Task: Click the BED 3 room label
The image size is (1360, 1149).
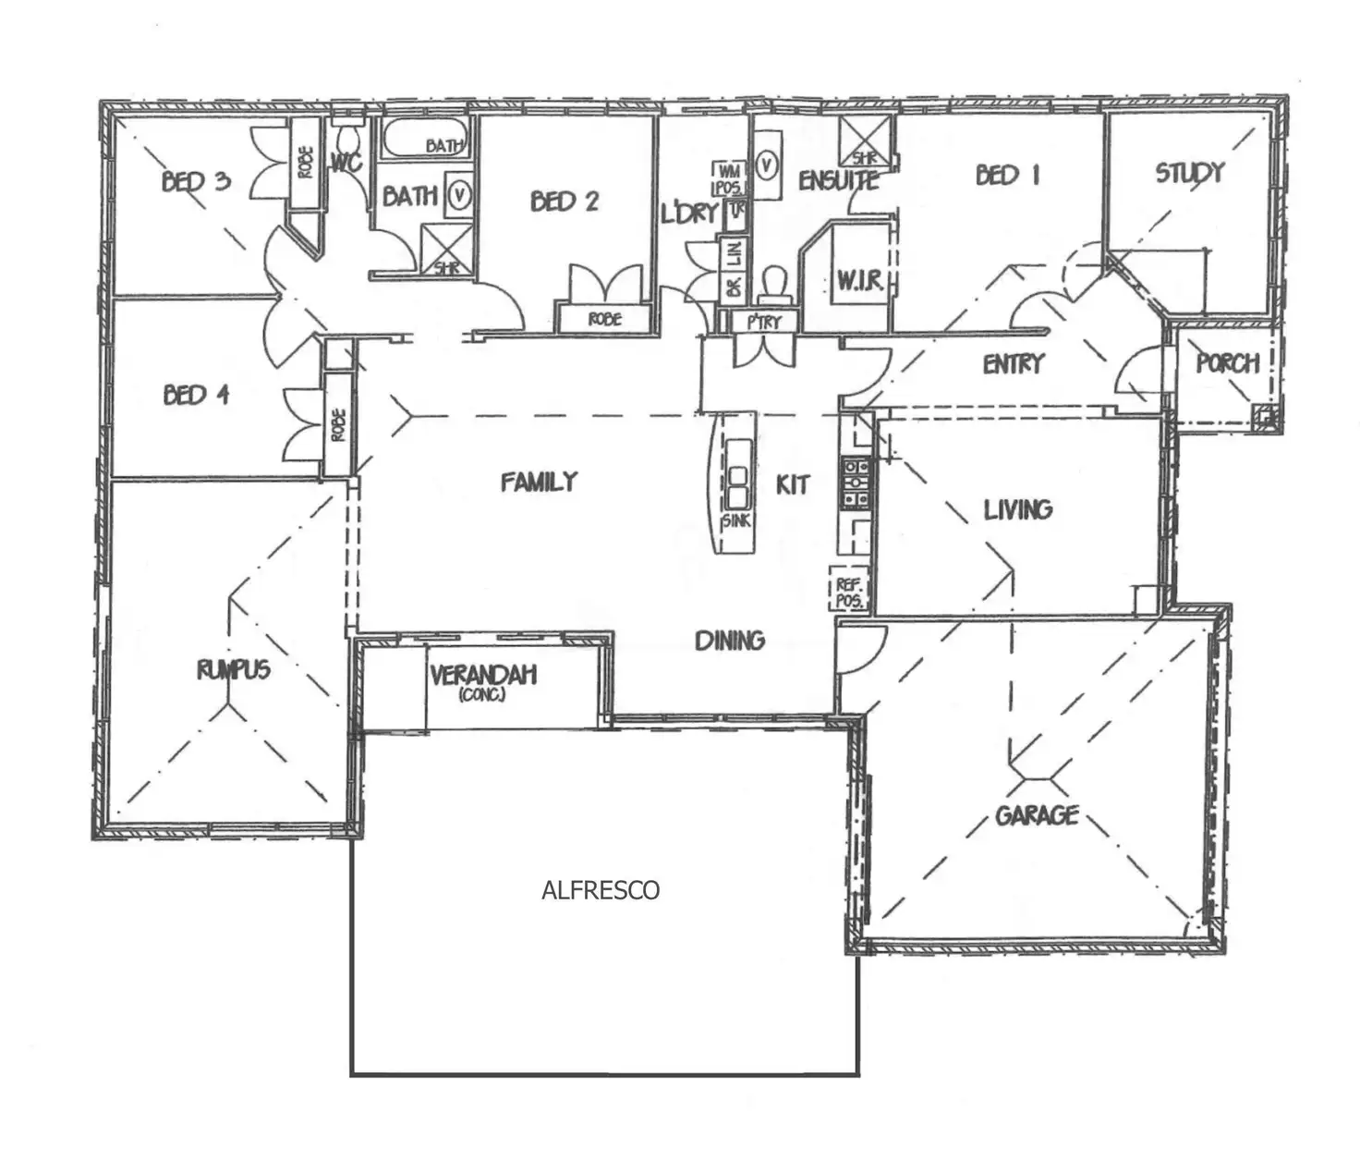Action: pos(196,180)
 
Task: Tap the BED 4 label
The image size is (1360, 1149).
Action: pos(196,396)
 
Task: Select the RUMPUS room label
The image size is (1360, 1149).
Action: pos(234,669)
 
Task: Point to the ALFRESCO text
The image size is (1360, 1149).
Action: pos(601,890)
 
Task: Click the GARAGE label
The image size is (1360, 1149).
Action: pos(1037,815)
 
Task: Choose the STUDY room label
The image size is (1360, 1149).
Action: pos(1190,173)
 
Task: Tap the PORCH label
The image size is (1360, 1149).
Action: pos(1228,363)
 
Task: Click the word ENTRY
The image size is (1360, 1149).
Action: pos(1014,364)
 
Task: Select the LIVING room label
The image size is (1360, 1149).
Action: pos(1017,509)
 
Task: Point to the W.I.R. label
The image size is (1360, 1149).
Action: pos(860,281)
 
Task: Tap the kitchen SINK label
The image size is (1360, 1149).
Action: pos(736,521)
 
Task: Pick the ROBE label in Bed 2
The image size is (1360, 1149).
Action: pos(605,319)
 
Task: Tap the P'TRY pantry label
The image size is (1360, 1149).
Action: pos(764,322)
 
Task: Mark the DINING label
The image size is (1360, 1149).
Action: pos(730,640)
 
